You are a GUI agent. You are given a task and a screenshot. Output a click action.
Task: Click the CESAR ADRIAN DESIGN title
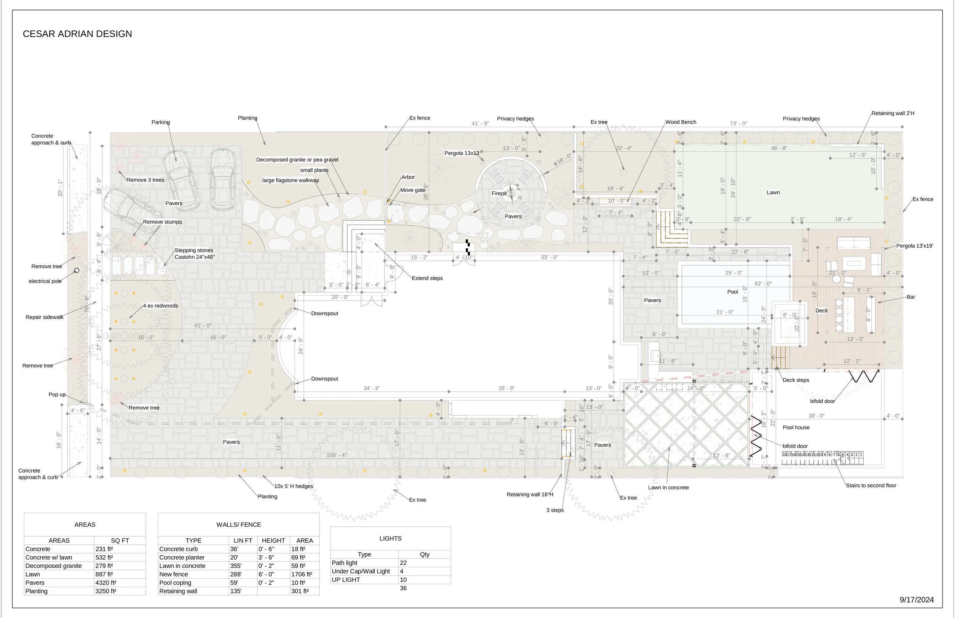(x=77, y=34)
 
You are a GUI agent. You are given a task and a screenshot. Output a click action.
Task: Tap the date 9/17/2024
(x=916, y=600)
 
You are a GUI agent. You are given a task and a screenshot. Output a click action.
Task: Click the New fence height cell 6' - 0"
(x=266, y=574)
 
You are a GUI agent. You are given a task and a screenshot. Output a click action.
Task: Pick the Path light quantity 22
(x=403, y=563)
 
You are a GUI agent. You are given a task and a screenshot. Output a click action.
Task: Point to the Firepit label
(x=499, y=193)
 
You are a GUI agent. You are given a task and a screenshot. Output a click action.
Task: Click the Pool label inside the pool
(x=732, y=292)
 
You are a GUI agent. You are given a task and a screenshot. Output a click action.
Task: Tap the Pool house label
(x=796, y=427)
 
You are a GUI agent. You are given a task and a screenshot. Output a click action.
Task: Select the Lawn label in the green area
(x=773, y=192)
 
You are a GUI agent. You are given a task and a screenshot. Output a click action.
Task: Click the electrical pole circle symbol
(x=77, y=270)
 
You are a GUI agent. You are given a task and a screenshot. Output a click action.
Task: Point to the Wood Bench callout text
(x=681, y=122)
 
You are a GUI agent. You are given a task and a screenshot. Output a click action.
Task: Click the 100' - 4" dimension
(x=336, y=455)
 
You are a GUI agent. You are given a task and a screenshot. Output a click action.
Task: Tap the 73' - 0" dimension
(x=738, y=124)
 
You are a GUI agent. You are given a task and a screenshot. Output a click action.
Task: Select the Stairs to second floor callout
(x=871, y=485)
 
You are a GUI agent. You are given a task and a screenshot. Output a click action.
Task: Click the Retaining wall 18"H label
(x=530, y=494)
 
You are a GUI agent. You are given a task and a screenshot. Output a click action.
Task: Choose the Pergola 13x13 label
(x=461, y=153)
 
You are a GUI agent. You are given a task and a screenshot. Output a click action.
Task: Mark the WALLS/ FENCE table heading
(x=238, y=524)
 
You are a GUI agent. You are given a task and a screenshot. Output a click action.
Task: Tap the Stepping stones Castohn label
(x=194, y=254)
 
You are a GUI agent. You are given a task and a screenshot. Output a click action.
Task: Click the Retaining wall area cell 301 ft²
(x=300, y=591)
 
